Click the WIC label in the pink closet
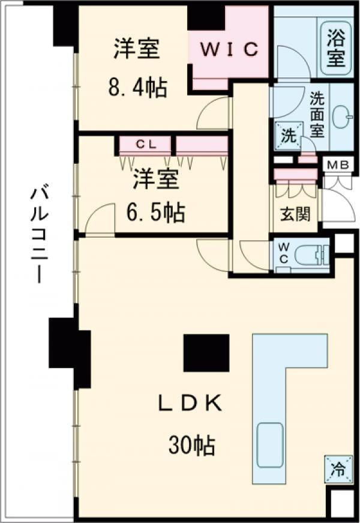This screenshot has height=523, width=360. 229,50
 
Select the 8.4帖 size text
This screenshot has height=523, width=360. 137,89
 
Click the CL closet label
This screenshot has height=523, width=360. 146,144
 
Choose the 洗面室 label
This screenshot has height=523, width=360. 317,114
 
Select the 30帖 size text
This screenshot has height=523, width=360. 192,446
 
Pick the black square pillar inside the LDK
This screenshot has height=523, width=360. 206,353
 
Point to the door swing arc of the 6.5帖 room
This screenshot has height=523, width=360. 100,219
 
